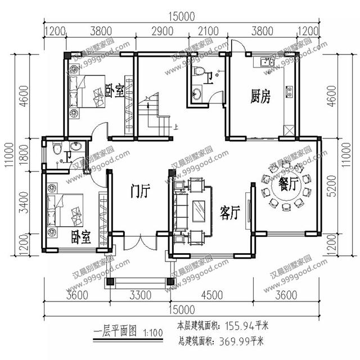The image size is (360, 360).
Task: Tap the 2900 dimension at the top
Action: click(x=163, y=31)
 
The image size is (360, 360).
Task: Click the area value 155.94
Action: click(x=233, y=325)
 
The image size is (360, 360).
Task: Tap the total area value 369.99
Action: click(x=233, y=340)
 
